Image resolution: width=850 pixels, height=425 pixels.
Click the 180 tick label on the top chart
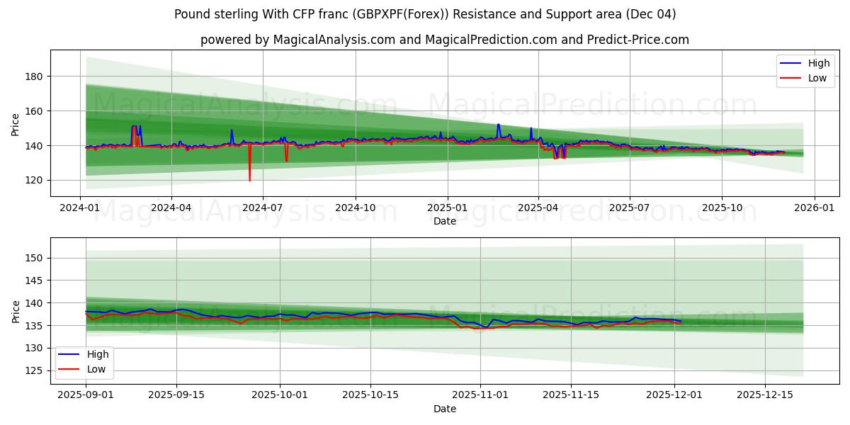[34, 76]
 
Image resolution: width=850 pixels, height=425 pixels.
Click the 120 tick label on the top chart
[34, 181]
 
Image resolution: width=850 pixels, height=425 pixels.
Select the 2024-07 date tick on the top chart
[263, 208]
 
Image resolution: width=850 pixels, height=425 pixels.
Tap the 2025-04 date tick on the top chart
[538, 208]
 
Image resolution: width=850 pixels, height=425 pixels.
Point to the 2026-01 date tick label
[814, 208]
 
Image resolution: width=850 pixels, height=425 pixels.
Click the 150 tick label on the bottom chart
[34, 258]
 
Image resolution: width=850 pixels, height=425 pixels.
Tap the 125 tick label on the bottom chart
[34, 370]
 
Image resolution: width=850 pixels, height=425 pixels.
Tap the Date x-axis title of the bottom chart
[445, 409]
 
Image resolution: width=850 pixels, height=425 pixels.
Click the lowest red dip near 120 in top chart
[249, 180]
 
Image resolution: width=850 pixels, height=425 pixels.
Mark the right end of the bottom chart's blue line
[681, 321]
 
